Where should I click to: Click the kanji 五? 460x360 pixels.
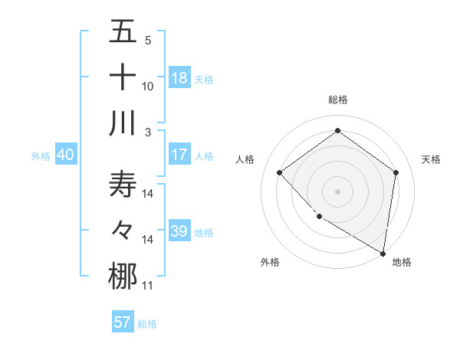[x=123, y=32]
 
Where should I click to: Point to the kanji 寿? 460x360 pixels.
[x=123, y=185]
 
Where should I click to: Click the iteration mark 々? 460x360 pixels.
[x=123, y=230]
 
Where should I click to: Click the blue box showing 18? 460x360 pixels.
[x=179, y=77]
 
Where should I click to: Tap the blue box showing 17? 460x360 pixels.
[x=179, y=154]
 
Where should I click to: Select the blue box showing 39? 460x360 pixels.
[x=179, y=231]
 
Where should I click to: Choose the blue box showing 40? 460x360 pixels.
[x=65, y=155]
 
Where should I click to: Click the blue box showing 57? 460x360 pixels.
[x=123, y=322]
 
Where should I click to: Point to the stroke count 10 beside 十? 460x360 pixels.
[x=148, y=87]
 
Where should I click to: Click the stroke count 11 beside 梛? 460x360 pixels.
[x=147, y=286]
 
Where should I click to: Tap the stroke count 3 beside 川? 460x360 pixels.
[x=148, y=133]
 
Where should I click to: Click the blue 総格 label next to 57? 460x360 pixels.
[x=147, y=324]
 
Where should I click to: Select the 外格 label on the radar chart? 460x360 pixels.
[x=270, y=262]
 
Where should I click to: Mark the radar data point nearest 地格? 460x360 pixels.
[x=383, y=252]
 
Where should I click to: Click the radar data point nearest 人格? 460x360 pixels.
[x=280, y=173]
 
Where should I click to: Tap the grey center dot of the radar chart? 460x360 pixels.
[x=337, y=191]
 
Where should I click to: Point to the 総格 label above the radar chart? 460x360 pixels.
[x=338, y=100]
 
